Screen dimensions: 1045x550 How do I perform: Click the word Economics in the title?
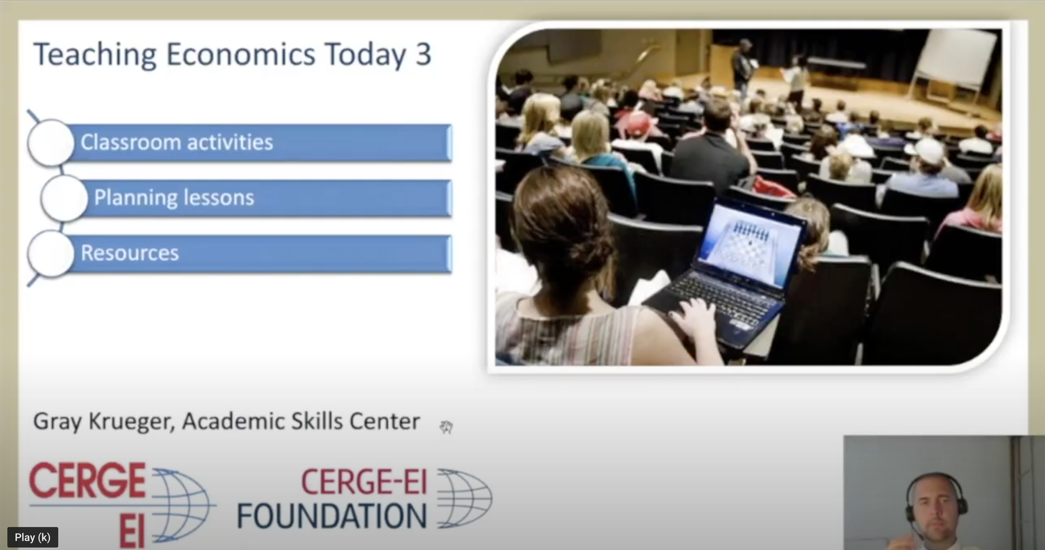240,54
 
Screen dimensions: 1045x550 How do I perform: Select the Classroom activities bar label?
177,142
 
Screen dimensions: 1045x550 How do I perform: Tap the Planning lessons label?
174,198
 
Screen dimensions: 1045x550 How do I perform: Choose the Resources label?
130,253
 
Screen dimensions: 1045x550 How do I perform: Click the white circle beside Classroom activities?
51,143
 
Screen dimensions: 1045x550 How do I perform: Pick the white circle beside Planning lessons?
64,198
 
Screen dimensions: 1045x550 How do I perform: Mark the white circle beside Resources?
51,253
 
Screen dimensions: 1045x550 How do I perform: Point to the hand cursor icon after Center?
446,427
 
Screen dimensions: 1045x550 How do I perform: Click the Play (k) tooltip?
32,537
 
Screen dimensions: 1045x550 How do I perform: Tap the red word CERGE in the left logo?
87,480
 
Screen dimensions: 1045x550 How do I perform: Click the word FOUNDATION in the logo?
332,516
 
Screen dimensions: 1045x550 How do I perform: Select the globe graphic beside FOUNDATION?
465,498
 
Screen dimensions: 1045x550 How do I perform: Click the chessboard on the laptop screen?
748,242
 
